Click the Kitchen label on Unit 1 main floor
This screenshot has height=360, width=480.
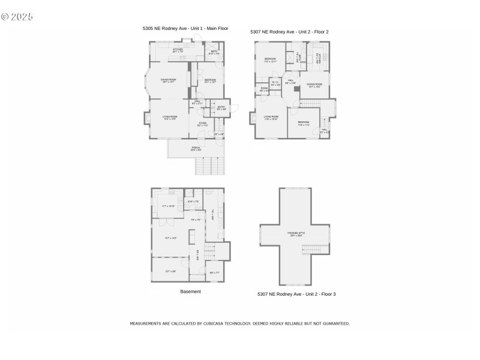pos(178,50)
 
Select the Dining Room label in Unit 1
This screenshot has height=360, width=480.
pos(168,80)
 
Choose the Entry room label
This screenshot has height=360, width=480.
pos(221,108)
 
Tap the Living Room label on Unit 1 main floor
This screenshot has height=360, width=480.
pos(170,118)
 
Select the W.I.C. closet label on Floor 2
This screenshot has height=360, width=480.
pos(276,83)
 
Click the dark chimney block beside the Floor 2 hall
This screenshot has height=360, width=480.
pos(296,89)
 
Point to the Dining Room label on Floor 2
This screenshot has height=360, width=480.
pos(314,85)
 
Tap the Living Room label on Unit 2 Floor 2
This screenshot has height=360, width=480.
pos(271,118)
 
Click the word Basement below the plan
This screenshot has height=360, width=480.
pos(191,292)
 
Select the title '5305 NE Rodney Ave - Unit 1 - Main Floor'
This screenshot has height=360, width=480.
pos(185,28)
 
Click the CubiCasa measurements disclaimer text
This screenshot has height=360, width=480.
pos(239,323)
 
